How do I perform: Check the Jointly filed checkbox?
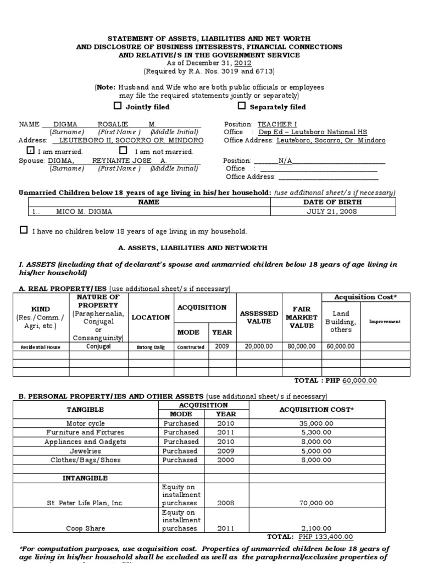coord(117,106)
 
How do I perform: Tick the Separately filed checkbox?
coord(241,106)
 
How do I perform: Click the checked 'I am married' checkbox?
coord(30,151)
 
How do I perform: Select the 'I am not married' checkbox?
coord(123,151)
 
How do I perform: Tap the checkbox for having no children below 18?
coord(24,230)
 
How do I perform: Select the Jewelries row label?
coord(85,451)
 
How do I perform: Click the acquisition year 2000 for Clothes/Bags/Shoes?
coord(225,460)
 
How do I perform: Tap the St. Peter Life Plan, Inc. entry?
coord(85,503)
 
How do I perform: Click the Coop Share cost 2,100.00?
coord(331,528)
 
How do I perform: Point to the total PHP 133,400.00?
coord(326,537)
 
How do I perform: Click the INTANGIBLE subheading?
coord(85,478)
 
